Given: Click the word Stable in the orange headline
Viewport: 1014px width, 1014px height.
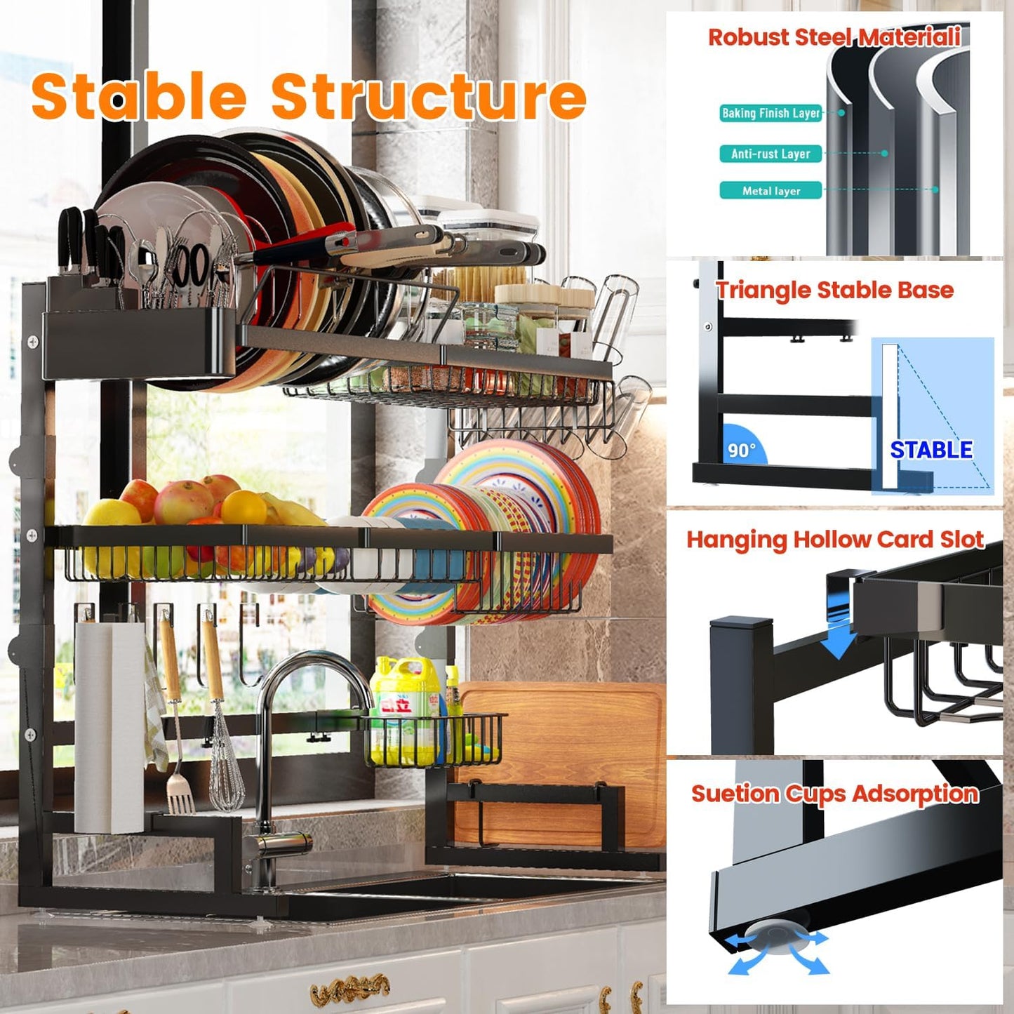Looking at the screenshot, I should click(138, 96).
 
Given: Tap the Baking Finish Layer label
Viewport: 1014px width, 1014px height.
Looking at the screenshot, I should click(770, 113).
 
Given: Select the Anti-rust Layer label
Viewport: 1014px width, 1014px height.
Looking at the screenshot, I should click(770, 154).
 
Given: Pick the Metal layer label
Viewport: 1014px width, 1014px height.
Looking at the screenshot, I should click(770, 191).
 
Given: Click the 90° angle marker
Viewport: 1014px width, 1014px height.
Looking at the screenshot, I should click(742, 449).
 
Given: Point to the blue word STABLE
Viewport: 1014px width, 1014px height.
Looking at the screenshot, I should click(931, 450).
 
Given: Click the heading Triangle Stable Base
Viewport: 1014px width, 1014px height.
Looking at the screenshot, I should click(834, 290).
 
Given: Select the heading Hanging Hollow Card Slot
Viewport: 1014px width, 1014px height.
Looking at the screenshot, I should click(834, 540).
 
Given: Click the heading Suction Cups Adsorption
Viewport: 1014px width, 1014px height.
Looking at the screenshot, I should click(834, 794).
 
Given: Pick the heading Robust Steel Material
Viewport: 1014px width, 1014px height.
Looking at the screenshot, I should click(834, 36).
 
